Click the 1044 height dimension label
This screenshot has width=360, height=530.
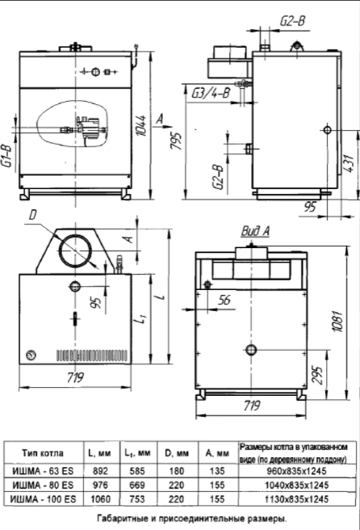coord(142,126)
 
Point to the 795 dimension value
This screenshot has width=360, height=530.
coord(176,141)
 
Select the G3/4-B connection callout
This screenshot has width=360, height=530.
coord(211,92)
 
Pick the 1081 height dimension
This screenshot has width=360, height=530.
coord(338,321)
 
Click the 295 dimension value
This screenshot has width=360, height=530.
coord(317,374)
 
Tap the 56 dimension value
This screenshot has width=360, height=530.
coord(224,300)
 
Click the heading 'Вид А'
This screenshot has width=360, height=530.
coord(255,231)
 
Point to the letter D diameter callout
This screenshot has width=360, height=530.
coord(32,215)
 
